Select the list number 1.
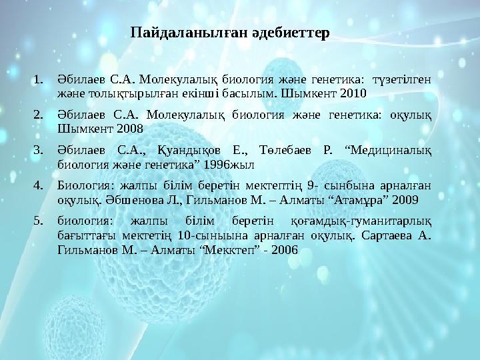click(39, 81)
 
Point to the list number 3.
click(39, 149)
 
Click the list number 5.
click(39, 219)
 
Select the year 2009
click(405, 198)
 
